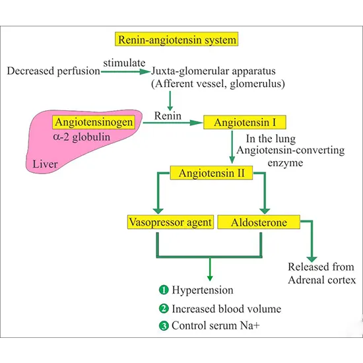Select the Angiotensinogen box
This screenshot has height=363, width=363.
96,122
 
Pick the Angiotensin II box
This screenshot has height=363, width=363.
209,173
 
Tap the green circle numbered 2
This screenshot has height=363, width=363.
162,308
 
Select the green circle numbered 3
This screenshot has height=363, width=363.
162,325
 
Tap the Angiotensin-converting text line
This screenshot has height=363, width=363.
295,151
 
